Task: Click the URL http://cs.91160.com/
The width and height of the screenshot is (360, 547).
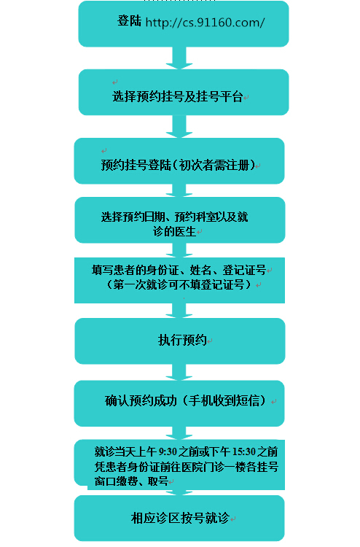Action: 205,23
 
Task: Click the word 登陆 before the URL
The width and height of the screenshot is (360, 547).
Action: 129,21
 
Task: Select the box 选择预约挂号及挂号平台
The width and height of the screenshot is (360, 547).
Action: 184,92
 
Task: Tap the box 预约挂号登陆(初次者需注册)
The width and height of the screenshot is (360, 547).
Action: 179,161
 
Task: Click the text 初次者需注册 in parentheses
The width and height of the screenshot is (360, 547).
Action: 214,165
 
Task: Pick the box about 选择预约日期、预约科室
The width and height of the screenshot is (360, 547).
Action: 180,220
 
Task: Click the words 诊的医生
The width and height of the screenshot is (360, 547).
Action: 174,231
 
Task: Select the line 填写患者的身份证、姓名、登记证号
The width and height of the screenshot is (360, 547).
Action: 179,270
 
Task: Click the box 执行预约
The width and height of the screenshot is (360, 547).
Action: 180,341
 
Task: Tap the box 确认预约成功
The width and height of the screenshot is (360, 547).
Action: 179,403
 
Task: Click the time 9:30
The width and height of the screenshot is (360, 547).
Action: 168,452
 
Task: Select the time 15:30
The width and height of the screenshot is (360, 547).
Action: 244,452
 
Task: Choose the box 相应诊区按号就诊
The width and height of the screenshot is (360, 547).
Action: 179,518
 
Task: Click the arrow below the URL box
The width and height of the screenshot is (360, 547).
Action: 179,58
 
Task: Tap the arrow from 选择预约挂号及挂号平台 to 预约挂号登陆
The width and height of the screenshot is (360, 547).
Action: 179,126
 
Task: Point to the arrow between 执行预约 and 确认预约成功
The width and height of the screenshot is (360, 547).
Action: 179,372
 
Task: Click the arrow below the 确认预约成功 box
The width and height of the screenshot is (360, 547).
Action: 179,433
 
